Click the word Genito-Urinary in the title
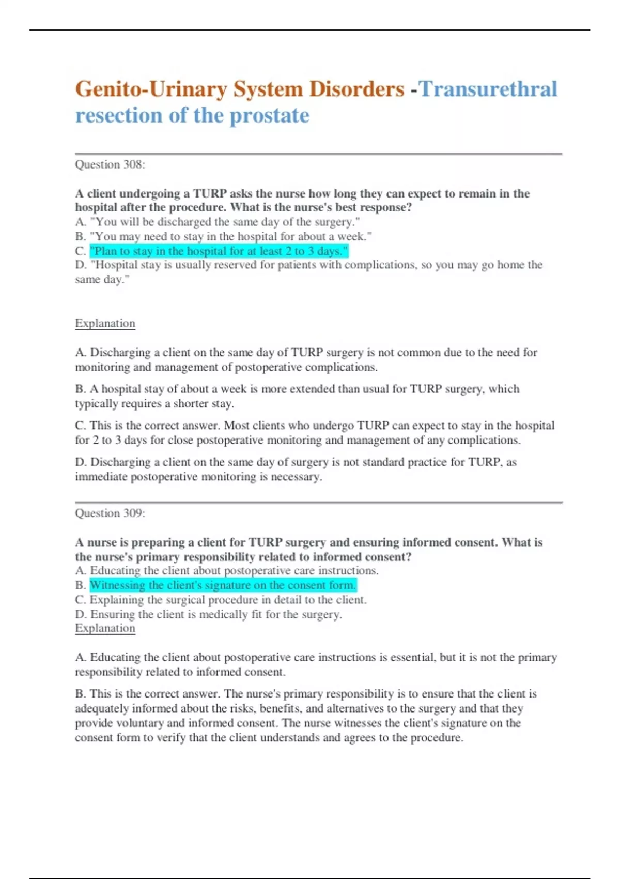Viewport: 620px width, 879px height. (151, 89)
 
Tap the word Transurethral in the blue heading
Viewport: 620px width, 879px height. (488, 89)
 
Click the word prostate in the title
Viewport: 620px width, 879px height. (269, 115)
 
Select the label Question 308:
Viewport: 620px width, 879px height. (110, 164)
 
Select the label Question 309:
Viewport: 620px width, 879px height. (110, 513)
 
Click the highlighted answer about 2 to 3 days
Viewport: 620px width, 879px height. (219, 251)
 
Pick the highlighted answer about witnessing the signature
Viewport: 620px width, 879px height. (223, 585)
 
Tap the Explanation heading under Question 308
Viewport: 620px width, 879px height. (105, 323)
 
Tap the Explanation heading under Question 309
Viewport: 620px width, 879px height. (105, 628)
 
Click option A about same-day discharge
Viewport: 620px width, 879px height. (218, 222)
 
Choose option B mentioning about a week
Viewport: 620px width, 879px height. (223, 237)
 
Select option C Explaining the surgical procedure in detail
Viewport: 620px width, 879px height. (221, 600)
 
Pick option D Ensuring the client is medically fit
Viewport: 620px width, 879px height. (209, 614)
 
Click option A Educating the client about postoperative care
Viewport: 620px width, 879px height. (227, 571)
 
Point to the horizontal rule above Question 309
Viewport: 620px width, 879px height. (318, 502)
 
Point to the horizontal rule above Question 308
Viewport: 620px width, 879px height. (318, 154)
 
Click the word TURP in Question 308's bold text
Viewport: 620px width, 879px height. (210, 194)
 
